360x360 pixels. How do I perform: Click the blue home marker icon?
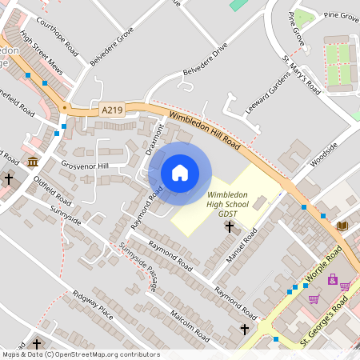pyautogui.click(x=180, y=173)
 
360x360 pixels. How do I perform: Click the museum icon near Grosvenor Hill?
pyautogui.click(x=33, y=162)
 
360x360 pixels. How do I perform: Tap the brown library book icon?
pyautogui.click(x=342, y=226)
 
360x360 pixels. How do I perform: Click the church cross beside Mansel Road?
pyautogui.click(x=229, y=227)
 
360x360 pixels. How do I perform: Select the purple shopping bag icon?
pyautogui.click(x=333, y=279)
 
